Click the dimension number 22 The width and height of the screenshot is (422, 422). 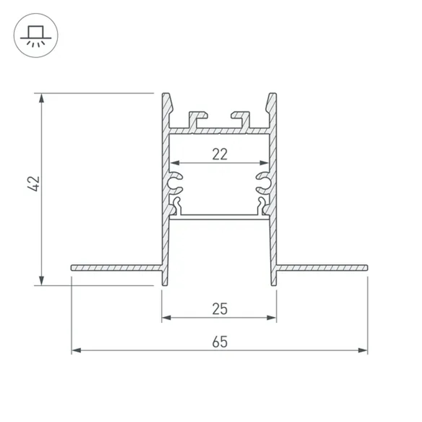(219, 154)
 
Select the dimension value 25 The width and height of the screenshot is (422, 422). (219, 309)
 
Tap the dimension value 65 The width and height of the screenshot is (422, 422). (219, 342)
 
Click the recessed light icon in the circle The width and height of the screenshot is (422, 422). (36, 35)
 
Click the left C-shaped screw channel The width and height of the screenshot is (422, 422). (175, 182)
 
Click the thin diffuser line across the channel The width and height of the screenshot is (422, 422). (219, 216)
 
